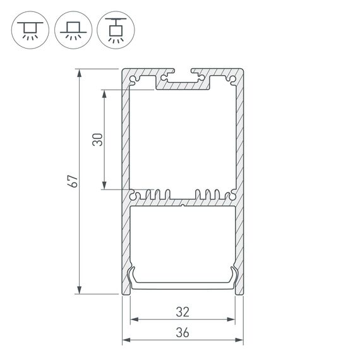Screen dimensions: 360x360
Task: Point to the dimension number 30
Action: point(97,140)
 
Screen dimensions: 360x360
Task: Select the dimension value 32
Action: point(183,311)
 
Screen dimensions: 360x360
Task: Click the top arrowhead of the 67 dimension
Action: point(80,73)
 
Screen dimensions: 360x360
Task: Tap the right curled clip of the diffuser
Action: point(234,275)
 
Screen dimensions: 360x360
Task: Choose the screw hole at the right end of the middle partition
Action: point(232,195)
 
